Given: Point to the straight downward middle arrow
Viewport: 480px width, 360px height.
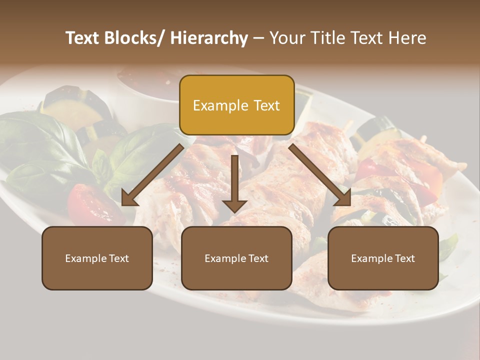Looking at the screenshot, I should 234,182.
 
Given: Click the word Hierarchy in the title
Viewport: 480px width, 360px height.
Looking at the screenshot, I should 209,38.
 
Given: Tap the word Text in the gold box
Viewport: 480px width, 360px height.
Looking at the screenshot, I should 266,105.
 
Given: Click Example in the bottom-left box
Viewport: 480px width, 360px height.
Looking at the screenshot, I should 86,258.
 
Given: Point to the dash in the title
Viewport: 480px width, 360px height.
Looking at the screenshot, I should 258,38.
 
